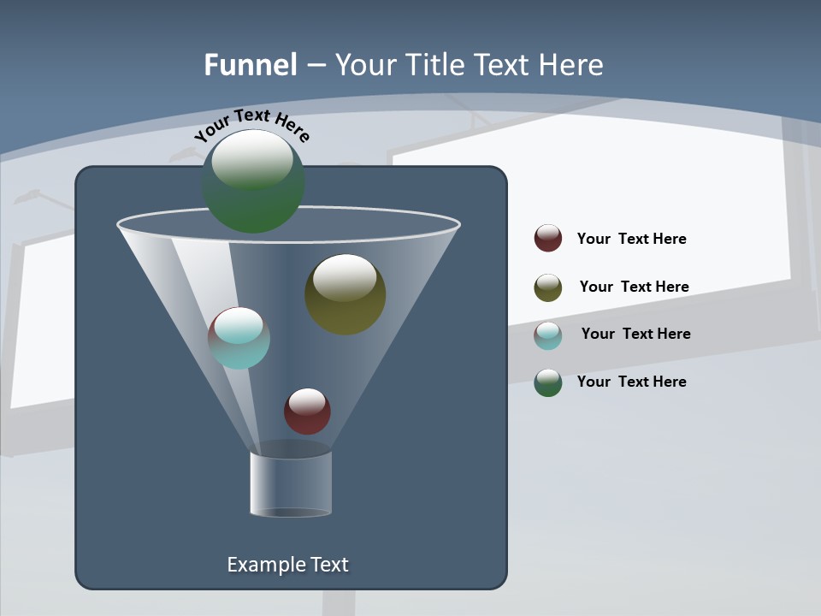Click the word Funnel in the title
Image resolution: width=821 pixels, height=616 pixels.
pyautogui.click(x=251, y=65)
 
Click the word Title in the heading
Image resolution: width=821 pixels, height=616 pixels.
pyautogui.click(x=434, y=65)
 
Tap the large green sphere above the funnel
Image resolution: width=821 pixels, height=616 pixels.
pyautogui.click(x=253, y=181)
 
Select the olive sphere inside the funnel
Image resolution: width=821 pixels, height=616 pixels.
pyautogui.click(x=345, y=294)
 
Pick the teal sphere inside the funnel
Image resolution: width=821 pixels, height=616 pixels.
pyautogui.click(x=239, y=338)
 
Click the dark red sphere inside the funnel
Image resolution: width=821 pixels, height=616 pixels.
pyautogui.click(x=307, y=411)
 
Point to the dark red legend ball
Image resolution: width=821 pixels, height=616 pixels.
pyautogui.click(x=548, y=239)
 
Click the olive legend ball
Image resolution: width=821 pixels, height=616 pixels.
pyautogui.click(x=548, y=287)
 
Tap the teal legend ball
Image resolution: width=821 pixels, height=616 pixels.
pyautogui.click(x=548, y=335)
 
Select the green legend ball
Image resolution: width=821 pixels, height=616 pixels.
pyautogui.click(x=548, y=382)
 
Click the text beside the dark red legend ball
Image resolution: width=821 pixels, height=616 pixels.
pyautogui.click(x=631, y=239)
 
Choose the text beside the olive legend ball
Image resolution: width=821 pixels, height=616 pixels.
pyautogui.click(x=634, y=287)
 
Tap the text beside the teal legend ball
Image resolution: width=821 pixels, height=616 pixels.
pyautogui.click(x=635, y=334)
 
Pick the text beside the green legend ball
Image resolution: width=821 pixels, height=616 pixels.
pyautogui.click(x=631, y=382)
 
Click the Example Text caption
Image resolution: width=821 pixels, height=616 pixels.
pyautogui.click(x=287, y=565)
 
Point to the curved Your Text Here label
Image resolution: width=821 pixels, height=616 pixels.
pyautogui.click(x=252, y=125)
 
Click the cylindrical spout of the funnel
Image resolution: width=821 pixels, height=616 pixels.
pyautogui.click(x=291, y=483)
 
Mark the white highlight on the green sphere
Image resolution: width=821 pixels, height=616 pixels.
pyautogui.click(x=252, y=159)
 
